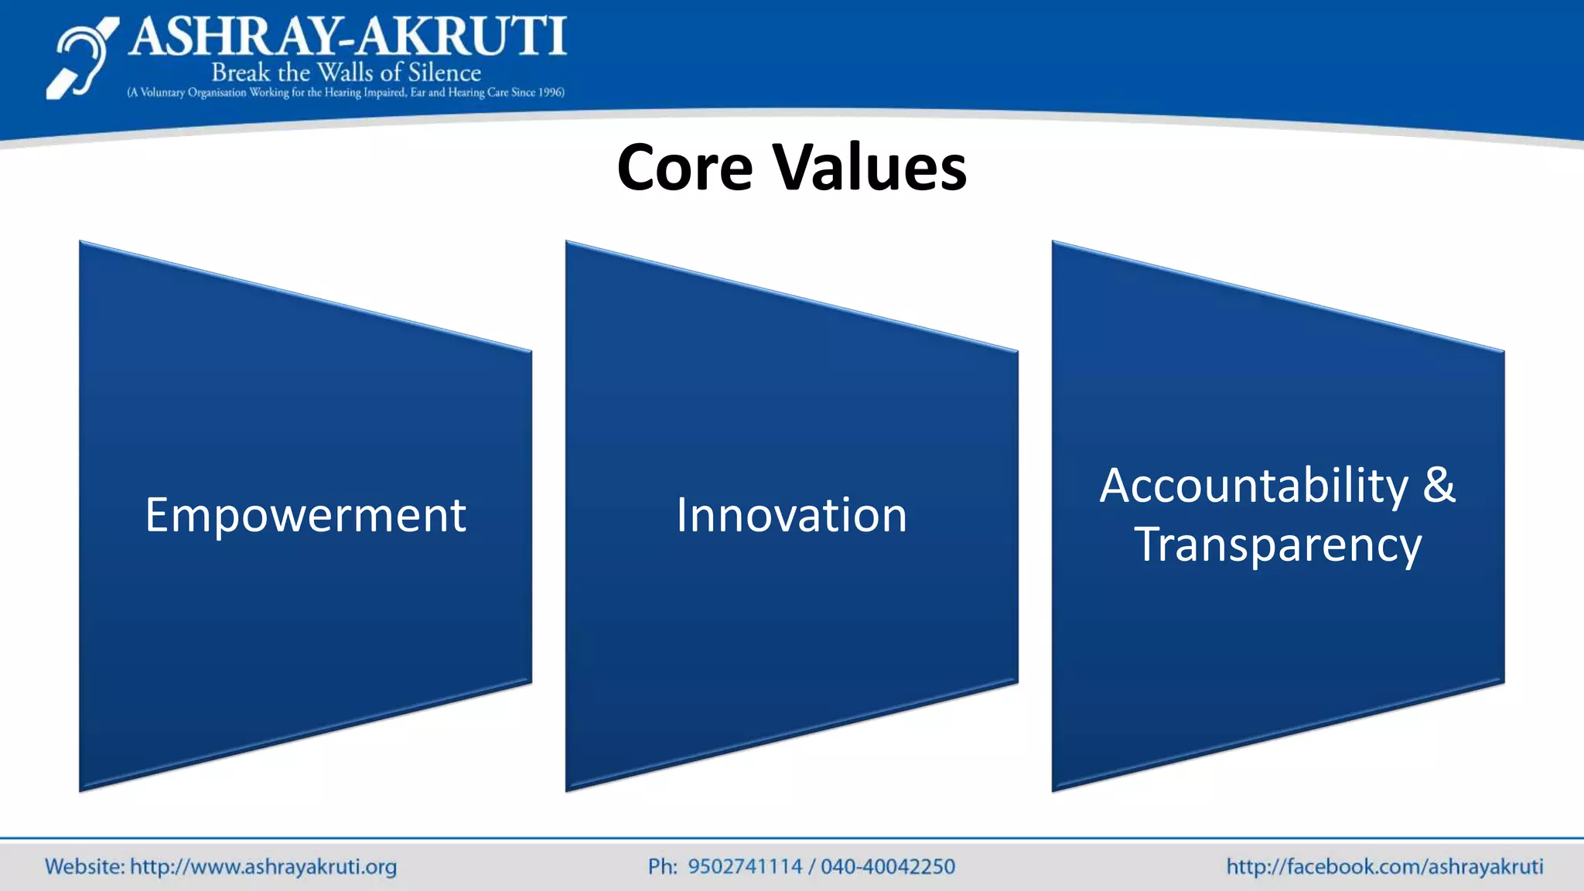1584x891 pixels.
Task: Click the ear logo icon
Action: (x=81, y=59)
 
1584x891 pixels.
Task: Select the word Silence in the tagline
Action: (x=444, y=73)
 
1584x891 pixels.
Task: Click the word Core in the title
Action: (x=684, y=168)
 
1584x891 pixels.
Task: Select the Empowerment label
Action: (x=306, y=515)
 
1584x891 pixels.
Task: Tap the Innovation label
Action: (x=791, y=515)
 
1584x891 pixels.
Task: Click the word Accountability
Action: (x=1254, y=486)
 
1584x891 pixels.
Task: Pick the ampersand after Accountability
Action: (x=1439, y=485)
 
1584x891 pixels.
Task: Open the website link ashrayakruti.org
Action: (x=263, y=867)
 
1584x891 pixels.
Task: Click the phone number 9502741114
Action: (x=745, y=866)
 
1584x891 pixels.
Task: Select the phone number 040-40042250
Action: (x=888, y=866)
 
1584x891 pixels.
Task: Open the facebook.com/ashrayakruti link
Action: (x=1384, y=866)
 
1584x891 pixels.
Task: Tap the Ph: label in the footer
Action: (x=662, y=866)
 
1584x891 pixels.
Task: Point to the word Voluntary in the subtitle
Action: (x=162, y=93)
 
